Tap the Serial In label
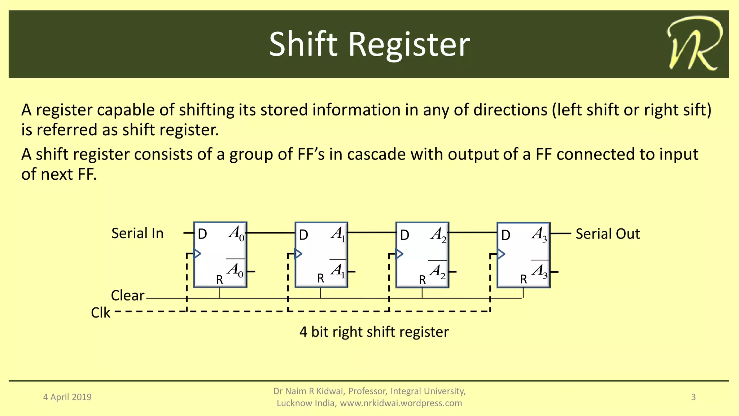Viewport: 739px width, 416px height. click(x=137, y=233)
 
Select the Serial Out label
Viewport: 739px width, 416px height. click(x=607, y=234)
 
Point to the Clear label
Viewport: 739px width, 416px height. click(x=127, y=295)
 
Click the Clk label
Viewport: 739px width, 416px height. click(x=100, y=313)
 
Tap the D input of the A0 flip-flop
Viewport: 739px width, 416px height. click(x=202, y=235)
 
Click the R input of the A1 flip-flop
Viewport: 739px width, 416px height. click(x=320, y=279)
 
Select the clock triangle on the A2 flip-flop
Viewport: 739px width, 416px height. click(x=399, y=254)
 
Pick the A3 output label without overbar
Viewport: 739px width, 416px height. click(x=539, y=234)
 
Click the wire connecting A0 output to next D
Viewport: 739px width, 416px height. click(x=271, y=233)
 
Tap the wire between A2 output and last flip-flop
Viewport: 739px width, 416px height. click(x=473, y=233)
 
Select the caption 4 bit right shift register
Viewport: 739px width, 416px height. click(x=374, y=332)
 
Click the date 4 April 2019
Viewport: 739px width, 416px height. click(x=67, y=397)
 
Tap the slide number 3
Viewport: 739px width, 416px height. click(x=693, y=397)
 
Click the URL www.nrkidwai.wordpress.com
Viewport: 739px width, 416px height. click(x=401, y=403)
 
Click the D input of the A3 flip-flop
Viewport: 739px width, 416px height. click(x=506, y=235)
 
